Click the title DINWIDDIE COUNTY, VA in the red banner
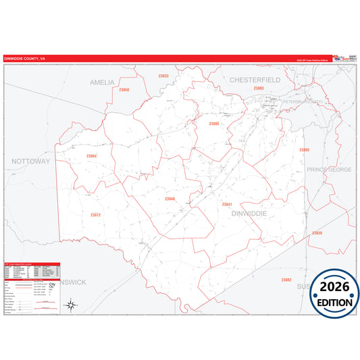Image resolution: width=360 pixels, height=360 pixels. point(25,59)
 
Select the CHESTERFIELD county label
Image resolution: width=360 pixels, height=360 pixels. point(255,80)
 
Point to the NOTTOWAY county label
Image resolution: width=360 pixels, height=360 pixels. point(31,162)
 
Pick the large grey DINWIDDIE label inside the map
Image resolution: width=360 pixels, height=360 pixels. point(249,213)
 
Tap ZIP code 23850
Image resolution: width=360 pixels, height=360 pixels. point(124,90)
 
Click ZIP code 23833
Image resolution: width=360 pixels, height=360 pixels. point(163,76)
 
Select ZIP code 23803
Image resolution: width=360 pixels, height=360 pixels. point(259,88)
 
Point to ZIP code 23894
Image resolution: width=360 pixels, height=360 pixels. point(92,156)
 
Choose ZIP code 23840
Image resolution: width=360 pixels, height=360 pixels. point(170,199)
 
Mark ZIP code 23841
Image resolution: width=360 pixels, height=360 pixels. point(227,203)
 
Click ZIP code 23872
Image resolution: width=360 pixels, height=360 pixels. point(95,215)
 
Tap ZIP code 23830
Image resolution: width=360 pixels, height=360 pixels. point(317,233)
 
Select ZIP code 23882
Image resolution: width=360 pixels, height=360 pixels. point(286,279)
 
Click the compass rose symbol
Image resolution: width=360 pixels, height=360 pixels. point(70,305)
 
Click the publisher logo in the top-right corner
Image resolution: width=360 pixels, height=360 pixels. point(342,58)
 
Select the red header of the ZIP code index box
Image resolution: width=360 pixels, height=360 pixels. point(32,265)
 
